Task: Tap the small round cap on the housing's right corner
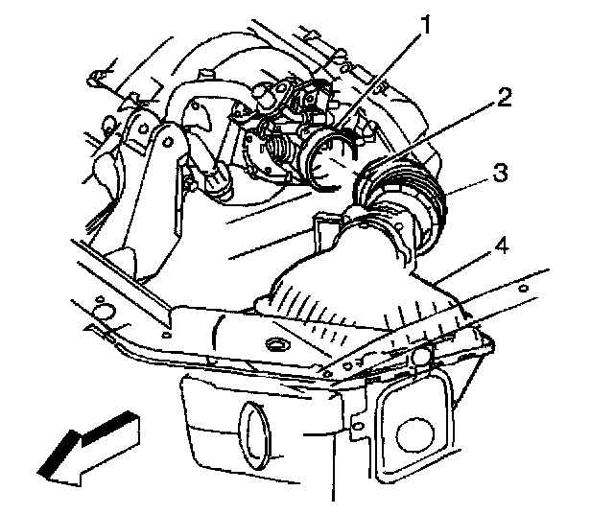[422, 360]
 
